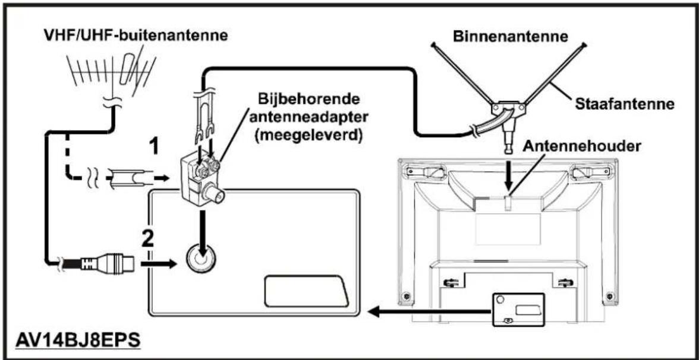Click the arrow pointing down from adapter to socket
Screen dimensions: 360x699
(202, 226)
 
